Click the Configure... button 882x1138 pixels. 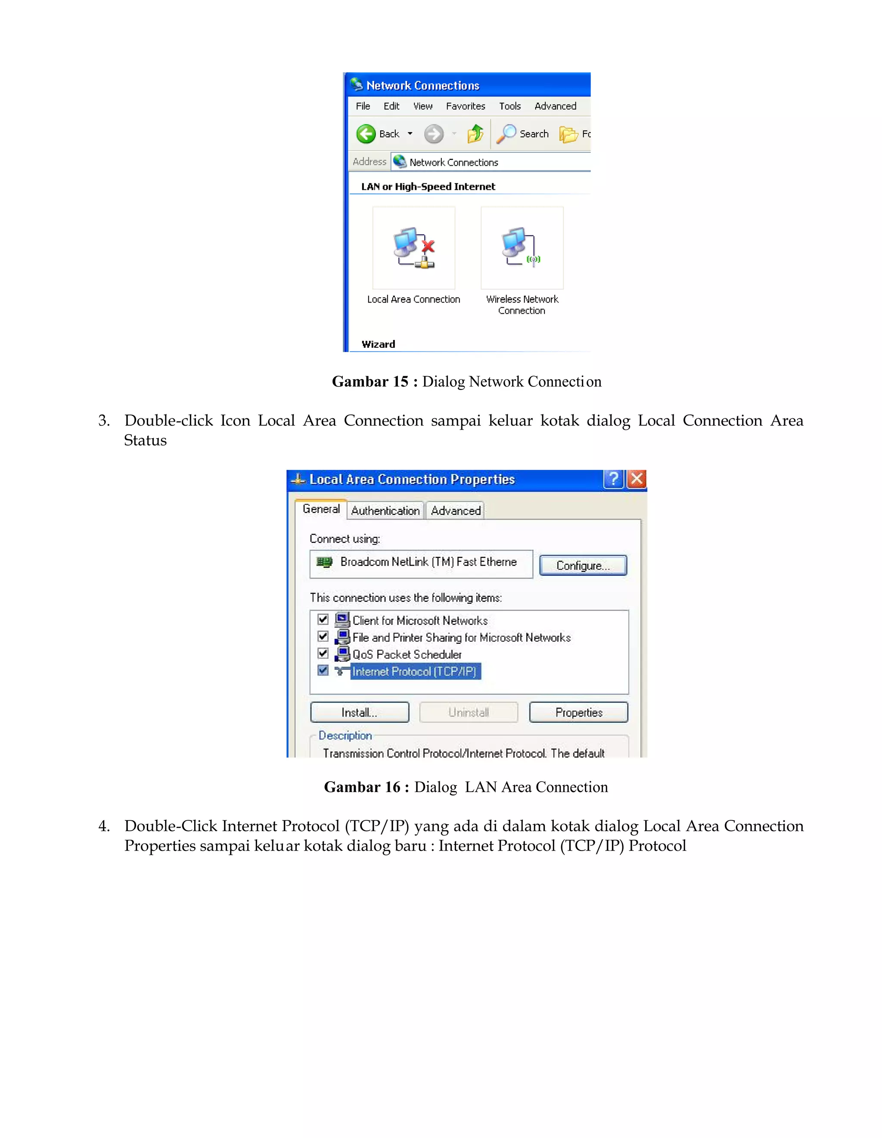(x=582, y=566)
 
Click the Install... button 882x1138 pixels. (x=359, y=712)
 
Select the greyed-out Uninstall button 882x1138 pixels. (x=468, y=712)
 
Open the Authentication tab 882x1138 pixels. (x=385, y=510)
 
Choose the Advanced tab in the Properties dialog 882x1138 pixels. (x=455, y=510)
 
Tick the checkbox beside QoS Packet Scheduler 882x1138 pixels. (x=323, y=653)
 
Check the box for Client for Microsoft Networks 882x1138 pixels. (x=323, y=619)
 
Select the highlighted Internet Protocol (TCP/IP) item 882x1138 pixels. (x=414, y=671)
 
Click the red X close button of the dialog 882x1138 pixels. (x=637, y=479)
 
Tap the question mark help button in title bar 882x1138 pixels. (x=614, y=479)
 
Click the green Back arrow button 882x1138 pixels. (x=366, y=134)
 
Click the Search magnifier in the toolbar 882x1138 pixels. (x=506, y=134)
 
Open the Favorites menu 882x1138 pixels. (x=465, y=106)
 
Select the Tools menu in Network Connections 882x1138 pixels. (x=509, y=106)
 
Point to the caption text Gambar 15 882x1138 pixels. (x=370, y=381)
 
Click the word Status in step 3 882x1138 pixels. (x=146, y=440)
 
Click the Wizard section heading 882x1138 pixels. (x=379, y=344)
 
